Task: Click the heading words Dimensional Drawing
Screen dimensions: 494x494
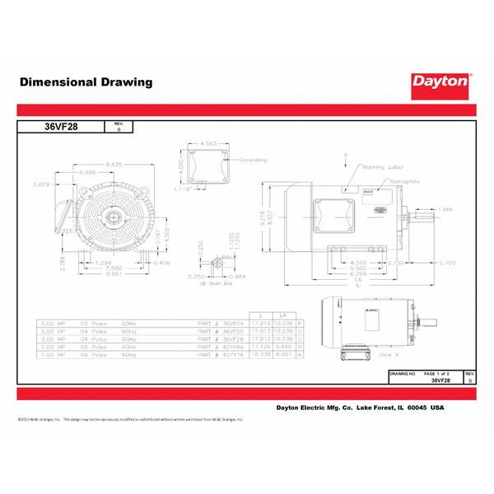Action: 86,82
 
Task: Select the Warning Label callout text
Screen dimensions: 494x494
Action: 380,167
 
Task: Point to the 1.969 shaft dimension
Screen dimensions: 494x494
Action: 445,208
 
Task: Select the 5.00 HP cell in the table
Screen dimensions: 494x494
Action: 52,325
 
